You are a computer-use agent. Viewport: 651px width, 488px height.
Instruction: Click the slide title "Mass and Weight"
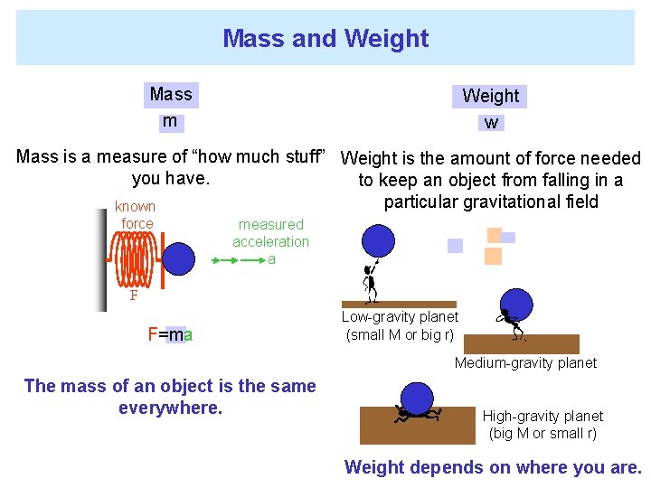325,38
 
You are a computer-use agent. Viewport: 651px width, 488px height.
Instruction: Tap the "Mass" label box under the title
171,94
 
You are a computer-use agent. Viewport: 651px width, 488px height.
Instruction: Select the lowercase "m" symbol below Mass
169,121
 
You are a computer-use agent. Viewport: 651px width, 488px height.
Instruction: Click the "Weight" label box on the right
490,96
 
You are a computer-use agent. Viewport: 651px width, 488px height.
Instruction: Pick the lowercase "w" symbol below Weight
491,123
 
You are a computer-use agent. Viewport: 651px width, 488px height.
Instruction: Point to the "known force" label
136,215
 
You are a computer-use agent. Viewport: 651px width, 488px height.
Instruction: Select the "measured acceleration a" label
270,241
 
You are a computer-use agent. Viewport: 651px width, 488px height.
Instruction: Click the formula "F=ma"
170,335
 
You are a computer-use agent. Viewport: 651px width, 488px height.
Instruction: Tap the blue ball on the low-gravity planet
378,241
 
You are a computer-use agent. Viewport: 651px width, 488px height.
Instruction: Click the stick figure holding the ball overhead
370,282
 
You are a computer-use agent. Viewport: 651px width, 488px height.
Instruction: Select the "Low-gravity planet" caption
400,326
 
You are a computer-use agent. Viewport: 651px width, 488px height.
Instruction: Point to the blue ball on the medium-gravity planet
516,305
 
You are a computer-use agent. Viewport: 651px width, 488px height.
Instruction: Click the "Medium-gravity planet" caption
525,362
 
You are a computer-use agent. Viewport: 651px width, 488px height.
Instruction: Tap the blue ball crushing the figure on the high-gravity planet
417,397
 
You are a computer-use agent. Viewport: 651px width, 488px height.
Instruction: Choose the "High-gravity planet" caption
542,424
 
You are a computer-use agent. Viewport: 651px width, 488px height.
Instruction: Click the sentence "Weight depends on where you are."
493,467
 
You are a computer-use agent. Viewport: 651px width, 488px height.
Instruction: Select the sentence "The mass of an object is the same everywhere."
170,397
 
